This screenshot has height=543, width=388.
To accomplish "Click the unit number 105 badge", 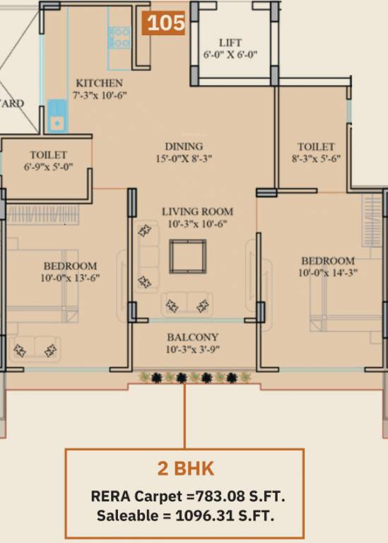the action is tap(163, 23).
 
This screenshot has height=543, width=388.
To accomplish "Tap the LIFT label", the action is tap(230, 43).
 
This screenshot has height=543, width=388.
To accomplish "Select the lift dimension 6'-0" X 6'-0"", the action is tap(230, 54).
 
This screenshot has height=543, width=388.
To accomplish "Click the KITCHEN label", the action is tap(99, 83).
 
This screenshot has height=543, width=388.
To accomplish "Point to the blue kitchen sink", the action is tap(56, 116).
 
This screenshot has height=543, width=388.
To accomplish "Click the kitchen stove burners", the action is tap(119, 37).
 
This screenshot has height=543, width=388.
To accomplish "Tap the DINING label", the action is tap(184, 146).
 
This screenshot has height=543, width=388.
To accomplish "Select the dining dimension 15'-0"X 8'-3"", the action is tap(184, 158).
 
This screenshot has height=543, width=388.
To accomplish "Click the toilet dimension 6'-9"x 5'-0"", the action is tap(48, 167).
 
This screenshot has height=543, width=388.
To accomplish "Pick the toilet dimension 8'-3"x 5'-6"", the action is tap(316, 158).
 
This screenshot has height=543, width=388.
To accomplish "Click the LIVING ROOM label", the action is tap(198, 211).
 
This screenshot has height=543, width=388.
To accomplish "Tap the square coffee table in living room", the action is tap(187, 256).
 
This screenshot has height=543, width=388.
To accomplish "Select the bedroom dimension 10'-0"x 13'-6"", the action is tap(70, 278).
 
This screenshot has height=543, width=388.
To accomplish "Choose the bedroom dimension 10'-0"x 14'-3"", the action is tap(328, 272).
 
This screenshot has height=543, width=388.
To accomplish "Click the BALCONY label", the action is tap(193, 337).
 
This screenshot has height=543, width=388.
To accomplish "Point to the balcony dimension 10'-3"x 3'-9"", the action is tap(193, 349).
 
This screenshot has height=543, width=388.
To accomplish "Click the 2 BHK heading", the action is tap(186, 469).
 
